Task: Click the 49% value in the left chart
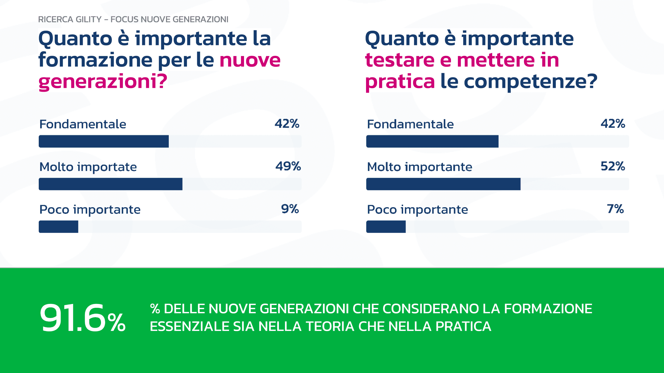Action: click(288, 166)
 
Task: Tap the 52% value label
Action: click(613, 166)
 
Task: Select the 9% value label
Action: click(290, 209)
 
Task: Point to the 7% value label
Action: click(615, 209)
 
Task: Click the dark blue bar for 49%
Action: click(110, 184)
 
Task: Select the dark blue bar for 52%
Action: click(443, 184)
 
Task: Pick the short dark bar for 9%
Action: click(58, 227)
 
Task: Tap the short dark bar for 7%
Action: click(386, 227)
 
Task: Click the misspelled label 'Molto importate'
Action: click(88, 167)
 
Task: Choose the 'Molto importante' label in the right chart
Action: click(419, 167)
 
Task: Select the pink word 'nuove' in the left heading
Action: click(250, 60)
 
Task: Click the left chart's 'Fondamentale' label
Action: click(83, 124)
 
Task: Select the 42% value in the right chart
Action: click(613, 124)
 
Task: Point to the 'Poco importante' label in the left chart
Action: click(90, 209)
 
